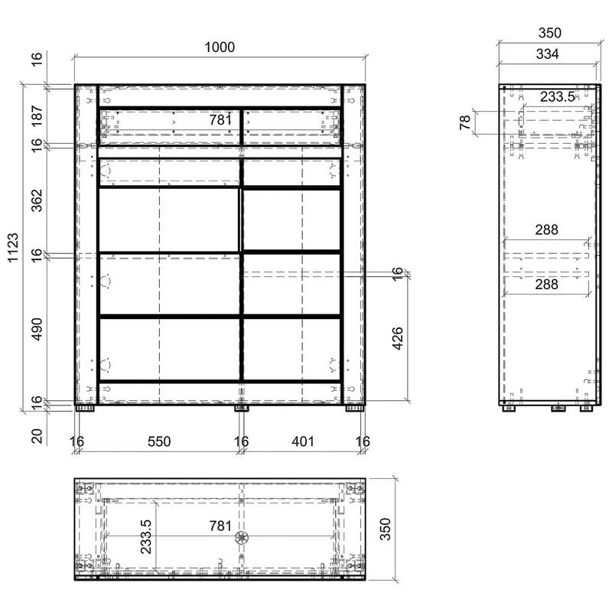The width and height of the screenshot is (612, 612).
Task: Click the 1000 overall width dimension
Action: (x=220, y=47)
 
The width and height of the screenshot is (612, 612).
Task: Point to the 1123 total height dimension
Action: (x=13, y=248)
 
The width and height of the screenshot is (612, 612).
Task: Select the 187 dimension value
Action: (x=37, y=116)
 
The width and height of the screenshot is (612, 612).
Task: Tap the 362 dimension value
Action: (x=37, y=200)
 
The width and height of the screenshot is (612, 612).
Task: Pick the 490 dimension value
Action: (x=37, y=329)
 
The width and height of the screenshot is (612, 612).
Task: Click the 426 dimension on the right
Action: (x=397, y=338)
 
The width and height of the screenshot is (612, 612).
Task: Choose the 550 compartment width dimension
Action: (x=159, y=441)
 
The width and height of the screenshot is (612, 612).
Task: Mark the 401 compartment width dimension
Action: (x=303, y=441)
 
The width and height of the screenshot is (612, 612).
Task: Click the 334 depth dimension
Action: (x=547, y=54)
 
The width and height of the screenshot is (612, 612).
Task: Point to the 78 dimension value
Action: (x=465, y=122)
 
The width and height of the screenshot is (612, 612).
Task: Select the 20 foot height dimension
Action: (x=37, y=436)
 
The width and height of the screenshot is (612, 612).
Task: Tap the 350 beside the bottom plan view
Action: (x=386, y=529)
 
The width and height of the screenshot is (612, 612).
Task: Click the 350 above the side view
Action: (x=550, y=33)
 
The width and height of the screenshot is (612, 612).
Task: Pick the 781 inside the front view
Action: (x=220, y=120)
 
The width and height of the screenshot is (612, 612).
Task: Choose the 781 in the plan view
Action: (x=220, y=526)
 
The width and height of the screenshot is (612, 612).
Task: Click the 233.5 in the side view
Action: (x=558, y=96)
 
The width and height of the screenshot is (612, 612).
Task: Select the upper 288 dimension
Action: (x=546, y=229)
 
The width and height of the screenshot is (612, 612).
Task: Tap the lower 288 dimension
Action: (x=546, y=284)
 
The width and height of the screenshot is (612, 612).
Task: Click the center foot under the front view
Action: (x=242, y=409)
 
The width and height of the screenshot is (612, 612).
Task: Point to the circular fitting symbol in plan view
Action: (x=242, y=538)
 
